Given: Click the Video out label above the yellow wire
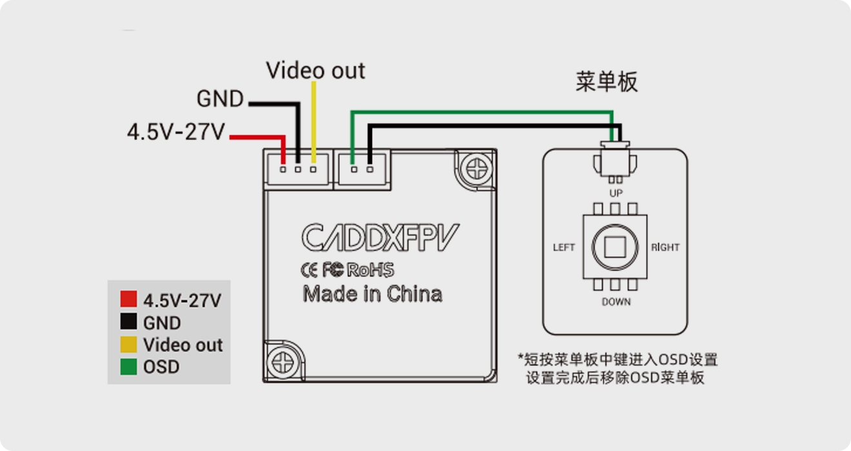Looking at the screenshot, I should point(316,70).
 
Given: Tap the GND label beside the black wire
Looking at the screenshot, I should point(220,99).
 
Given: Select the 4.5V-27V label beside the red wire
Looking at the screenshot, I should point(176,132).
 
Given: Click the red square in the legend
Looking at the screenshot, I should point(128,299).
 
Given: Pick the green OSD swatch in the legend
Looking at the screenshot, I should point(128,367).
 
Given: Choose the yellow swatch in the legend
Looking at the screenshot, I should point(128,345).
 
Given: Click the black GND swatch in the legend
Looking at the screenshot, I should point(128,322).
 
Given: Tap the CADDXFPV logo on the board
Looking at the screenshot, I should point(380,237).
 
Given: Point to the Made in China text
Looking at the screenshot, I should point(373,294).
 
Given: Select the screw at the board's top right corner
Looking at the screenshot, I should point(476,169).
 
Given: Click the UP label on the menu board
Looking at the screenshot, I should point(616,193).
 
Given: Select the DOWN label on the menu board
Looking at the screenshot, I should point(616,302).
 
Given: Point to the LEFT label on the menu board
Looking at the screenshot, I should point(563,247).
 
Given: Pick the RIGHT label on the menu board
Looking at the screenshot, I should point(665,247).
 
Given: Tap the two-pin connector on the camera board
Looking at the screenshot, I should point(362,169).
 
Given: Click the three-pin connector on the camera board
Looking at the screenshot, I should point(298,169).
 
